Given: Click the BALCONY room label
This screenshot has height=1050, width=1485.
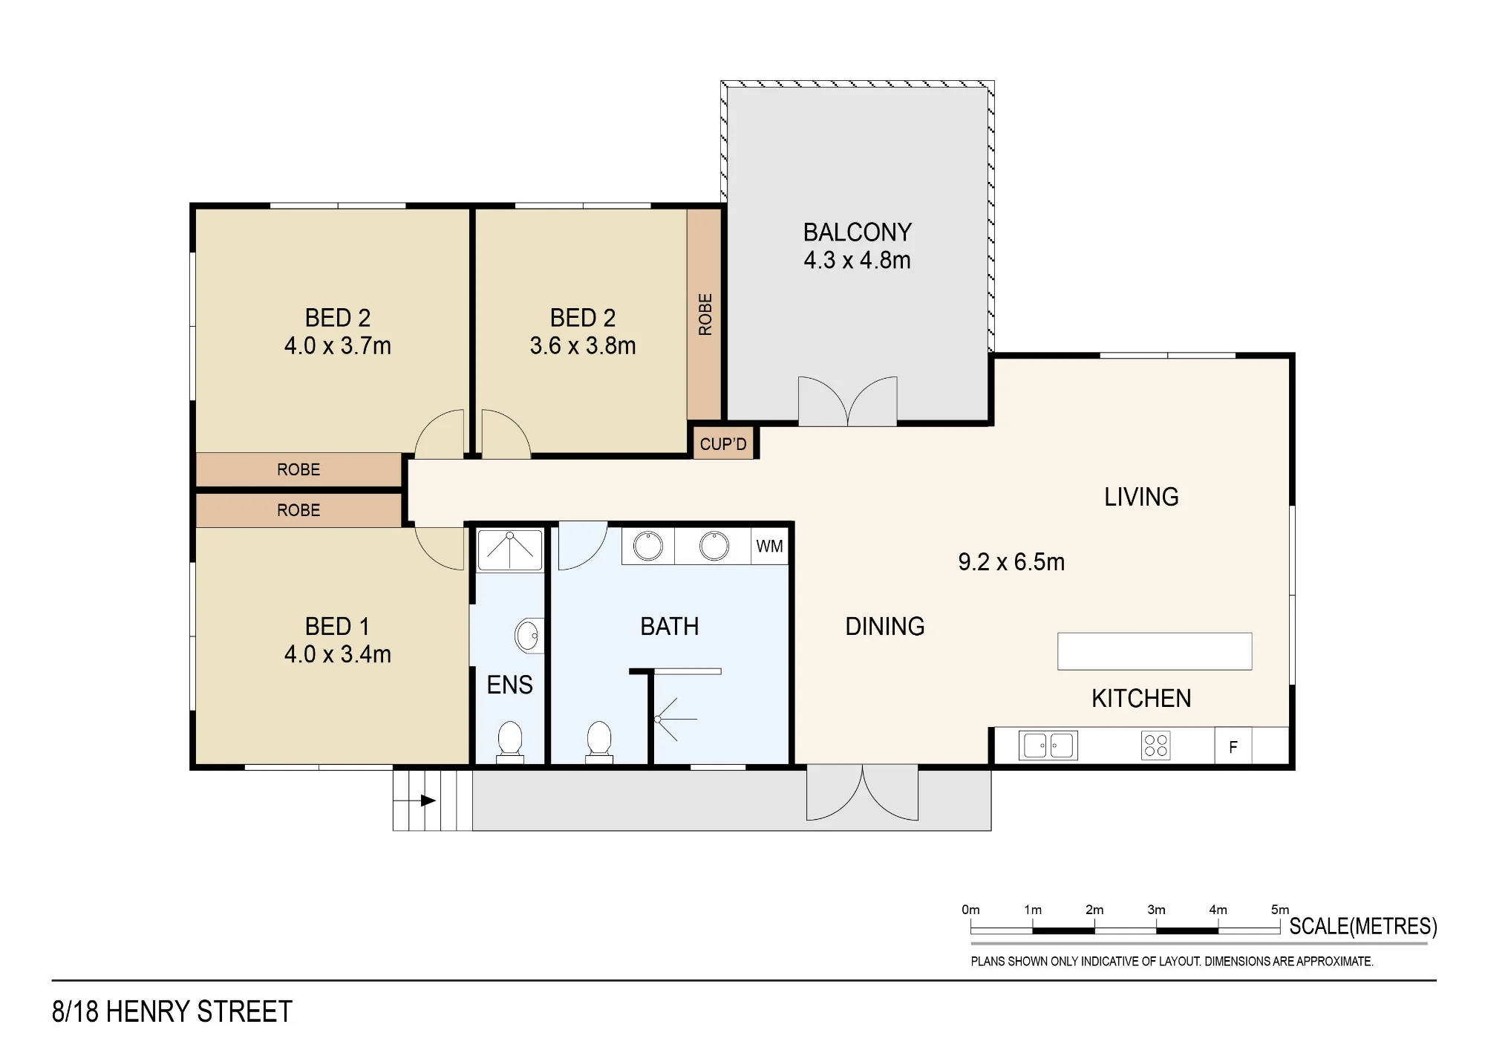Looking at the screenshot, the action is tap(858, 232).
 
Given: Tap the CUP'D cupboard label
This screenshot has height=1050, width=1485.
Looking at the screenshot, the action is tap(723, 444).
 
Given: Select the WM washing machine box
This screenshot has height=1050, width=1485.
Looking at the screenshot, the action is tap(769, 547).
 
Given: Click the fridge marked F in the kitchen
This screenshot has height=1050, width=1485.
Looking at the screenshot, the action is tap(1233, 746).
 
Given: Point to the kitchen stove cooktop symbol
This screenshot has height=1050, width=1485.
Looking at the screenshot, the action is tap(1155, 746).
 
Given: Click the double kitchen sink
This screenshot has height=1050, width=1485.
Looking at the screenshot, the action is tap(1048, 746).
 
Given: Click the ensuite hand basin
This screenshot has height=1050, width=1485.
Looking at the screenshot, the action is tap(529, 636).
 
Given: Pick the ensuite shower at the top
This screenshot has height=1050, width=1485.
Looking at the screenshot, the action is tap(510, 550).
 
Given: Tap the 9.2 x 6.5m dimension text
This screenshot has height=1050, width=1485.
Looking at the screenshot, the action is tap(1011, 562).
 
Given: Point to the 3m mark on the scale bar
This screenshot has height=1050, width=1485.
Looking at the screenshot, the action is tap(1156, 910).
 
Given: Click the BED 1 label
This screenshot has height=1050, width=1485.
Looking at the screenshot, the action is tap(337, 627).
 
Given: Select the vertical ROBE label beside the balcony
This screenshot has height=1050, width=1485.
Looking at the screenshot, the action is tap(705, 314).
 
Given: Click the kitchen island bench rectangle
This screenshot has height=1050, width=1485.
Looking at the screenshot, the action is tap(1155, 651).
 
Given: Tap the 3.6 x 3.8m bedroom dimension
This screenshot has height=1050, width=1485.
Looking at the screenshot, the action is tap(583, 346).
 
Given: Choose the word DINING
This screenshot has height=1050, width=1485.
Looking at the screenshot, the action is tap(885, 627).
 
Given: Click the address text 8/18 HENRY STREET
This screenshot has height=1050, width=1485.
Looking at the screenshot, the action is tap(172, 1012).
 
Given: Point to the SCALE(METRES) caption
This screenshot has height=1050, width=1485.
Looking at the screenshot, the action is tap(1363, 927).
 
